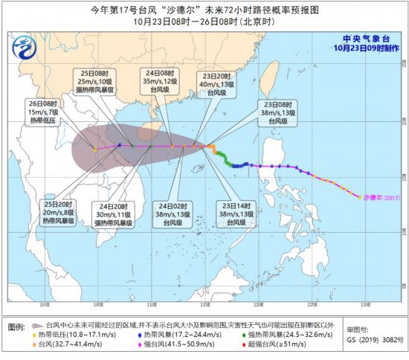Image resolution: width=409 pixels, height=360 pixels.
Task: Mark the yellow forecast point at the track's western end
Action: pyautogui.click(x=94, y=149)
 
